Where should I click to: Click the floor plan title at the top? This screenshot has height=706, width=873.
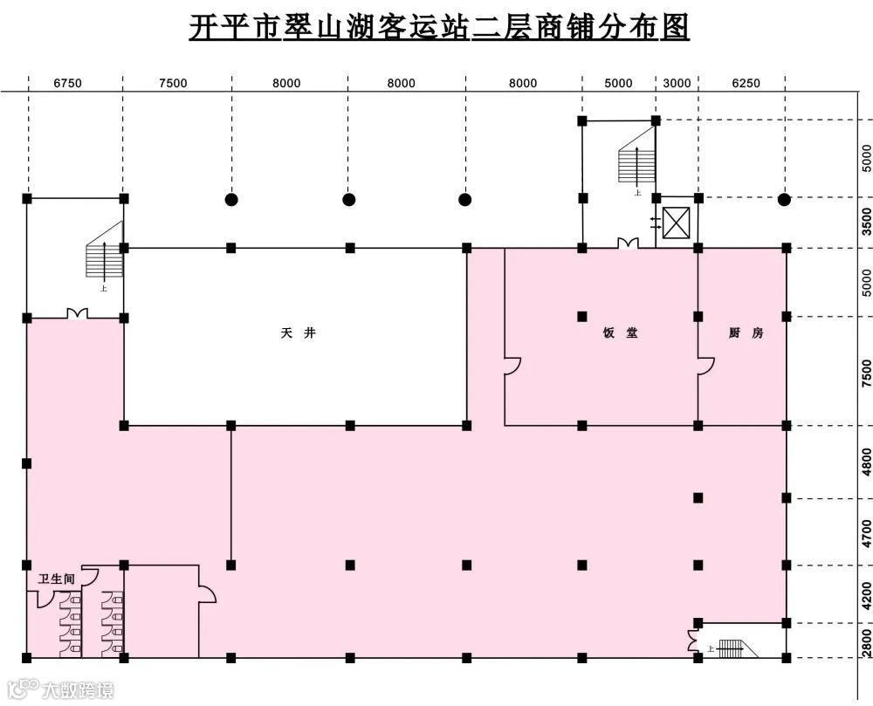[439, 28]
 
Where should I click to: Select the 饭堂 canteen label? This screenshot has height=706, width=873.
[620, 332]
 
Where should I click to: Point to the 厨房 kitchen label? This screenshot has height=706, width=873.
[745, 332]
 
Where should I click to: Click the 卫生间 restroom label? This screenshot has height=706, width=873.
[56, 579]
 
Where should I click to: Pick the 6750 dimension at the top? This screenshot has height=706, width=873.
[67, 84]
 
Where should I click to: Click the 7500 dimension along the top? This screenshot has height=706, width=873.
[173, 84]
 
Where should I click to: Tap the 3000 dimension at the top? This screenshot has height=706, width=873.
[677, 84]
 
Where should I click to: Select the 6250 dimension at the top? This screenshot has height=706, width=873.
[746, 84]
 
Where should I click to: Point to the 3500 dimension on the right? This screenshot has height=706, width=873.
[865, 223]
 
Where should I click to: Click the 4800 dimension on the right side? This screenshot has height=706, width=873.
[865, 461]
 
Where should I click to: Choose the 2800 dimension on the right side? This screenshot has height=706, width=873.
[865, 641]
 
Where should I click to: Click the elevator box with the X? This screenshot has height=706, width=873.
[677, 223]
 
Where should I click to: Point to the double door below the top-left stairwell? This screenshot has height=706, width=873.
[77, 313]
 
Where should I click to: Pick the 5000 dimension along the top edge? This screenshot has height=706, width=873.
[618, 84]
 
